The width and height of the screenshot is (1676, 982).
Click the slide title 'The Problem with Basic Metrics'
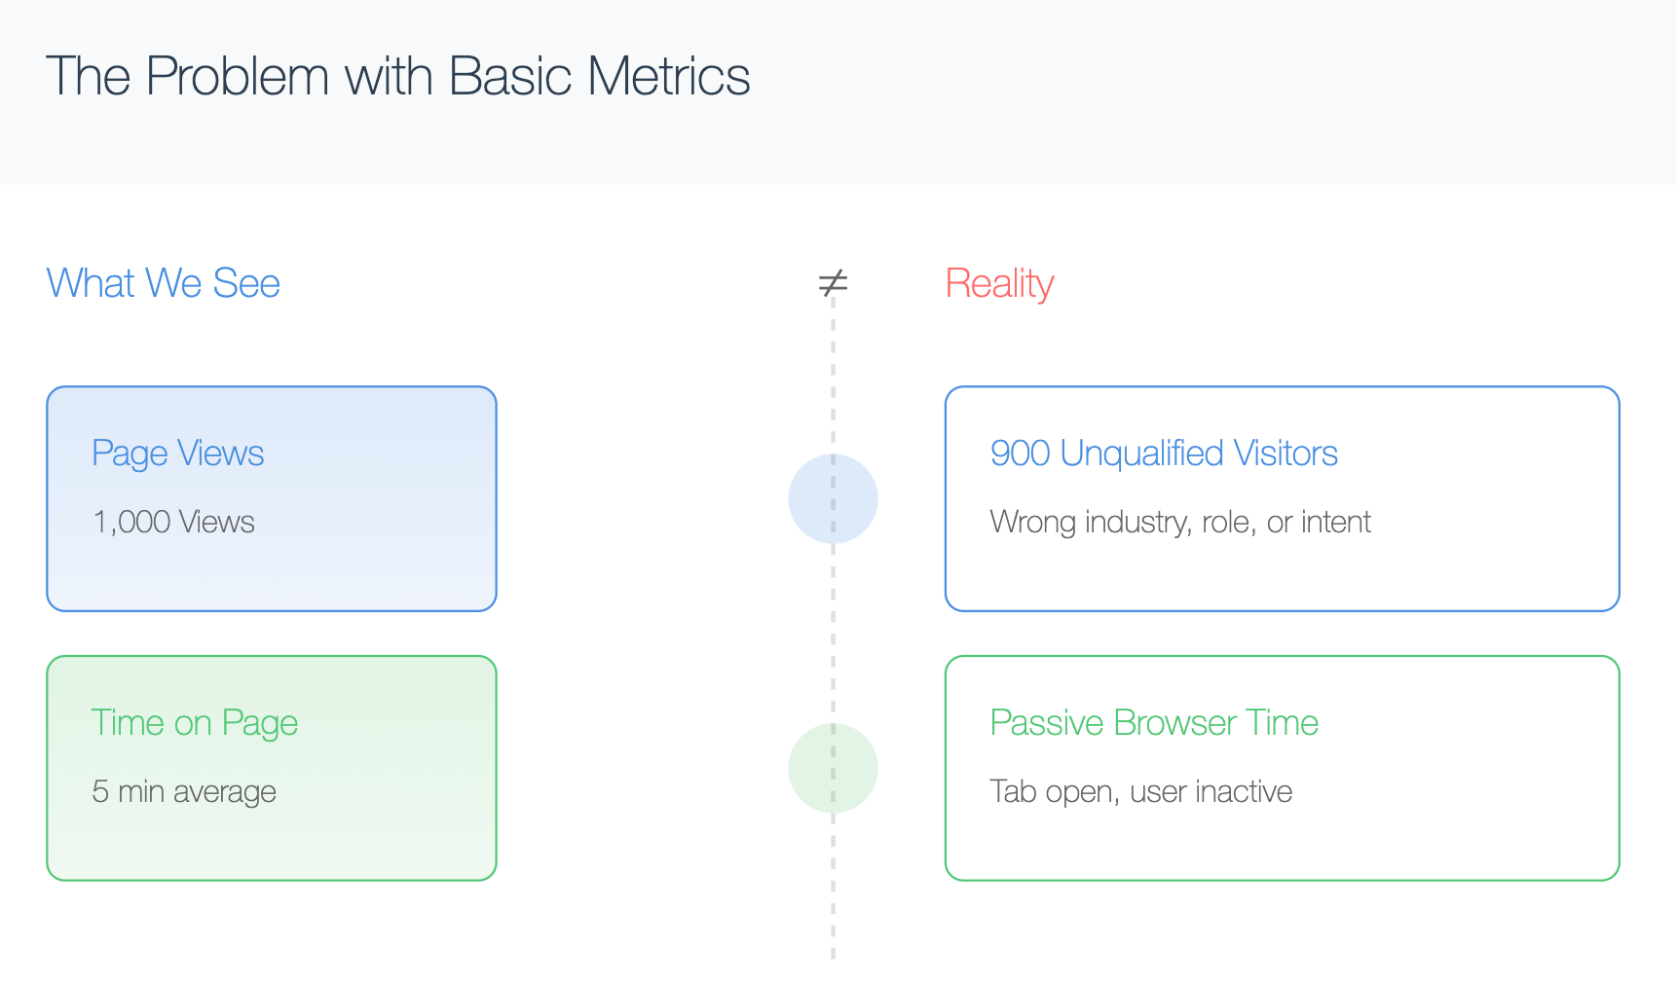(397, 76)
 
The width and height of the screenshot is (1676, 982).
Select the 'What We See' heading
(164, 283)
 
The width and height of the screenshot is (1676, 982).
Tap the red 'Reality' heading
(999, 284)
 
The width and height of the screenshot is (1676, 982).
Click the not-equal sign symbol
(833, 283)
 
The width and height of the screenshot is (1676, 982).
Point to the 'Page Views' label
(178, 454)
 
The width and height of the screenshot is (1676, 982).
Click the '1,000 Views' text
(173, 522)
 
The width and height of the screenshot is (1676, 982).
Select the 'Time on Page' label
(194, 723)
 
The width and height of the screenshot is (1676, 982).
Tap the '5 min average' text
(184, 791)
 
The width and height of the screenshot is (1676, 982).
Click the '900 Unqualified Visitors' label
(1164, 454)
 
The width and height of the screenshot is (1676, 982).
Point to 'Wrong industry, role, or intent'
(1180, 522)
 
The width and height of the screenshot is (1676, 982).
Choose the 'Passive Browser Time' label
(1154, 723)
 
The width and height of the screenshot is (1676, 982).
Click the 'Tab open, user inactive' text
(1140, 791)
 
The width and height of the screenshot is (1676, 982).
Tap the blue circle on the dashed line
(833, 498)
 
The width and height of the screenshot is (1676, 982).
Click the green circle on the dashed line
(833, 768)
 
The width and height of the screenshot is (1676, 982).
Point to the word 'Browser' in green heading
(1175, 723)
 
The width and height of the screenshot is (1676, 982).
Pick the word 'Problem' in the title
(238, 76)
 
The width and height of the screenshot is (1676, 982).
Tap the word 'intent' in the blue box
(1336, 522)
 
